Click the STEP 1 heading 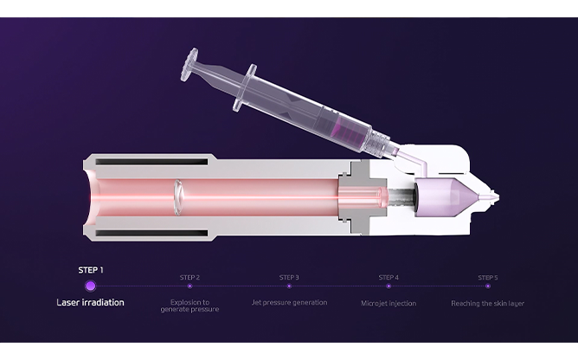tap(91, 270)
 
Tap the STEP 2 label tap(189, 278)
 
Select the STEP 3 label tap(289, 278)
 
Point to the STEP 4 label tap(389, 278)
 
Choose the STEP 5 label tap(488, 278)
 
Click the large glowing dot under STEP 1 tap(90, 286)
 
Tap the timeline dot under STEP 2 tap(189, 286)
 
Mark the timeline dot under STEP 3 tap(289, 286)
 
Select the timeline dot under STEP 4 tap(389, 286)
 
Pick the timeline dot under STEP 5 tap(488, 286)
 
